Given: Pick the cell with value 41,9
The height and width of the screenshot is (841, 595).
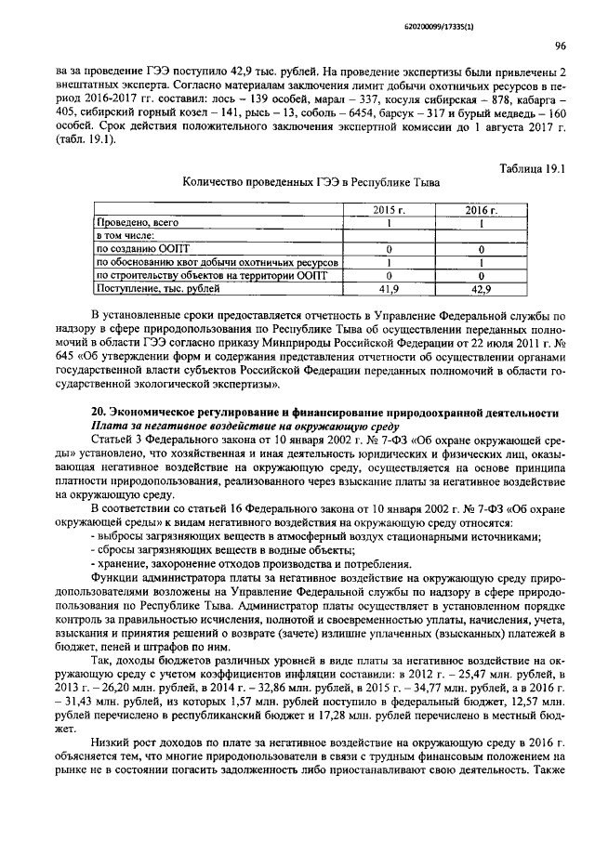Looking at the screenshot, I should click(389, 290).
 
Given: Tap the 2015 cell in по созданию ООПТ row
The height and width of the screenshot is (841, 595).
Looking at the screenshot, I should click(389, 250).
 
